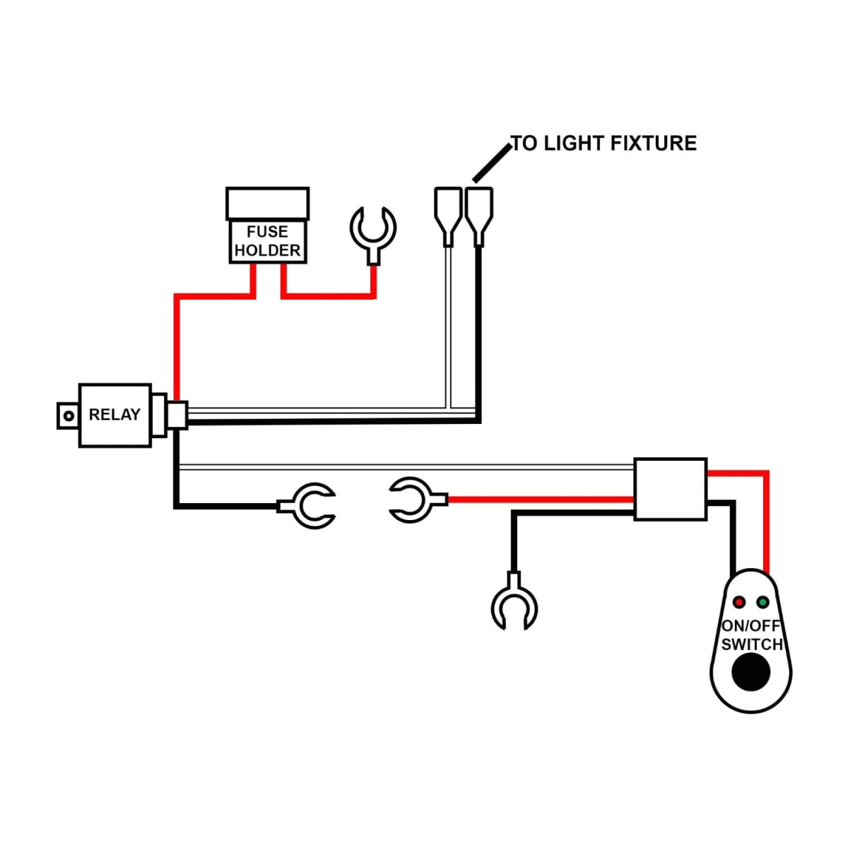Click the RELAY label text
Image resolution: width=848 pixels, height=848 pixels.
114,415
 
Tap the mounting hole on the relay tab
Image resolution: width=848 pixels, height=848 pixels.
68,416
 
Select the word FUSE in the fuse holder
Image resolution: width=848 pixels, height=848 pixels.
267,232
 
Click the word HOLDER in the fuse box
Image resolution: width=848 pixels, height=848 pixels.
267,250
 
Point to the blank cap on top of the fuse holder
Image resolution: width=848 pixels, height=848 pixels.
267,204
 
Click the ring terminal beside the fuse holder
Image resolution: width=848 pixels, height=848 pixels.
373,230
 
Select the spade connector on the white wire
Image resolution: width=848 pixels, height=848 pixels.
447,213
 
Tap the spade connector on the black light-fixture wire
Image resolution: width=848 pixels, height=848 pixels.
479,213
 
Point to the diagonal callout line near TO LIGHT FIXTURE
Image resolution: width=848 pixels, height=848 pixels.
491,163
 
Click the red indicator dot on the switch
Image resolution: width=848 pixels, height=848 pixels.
739,602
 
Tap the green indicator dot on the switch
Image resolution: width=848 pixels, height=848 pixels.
762,602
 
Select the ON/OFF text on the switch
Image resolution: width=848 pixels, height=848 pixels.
750,625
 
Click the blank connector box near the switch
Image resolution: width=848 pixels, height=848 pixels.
670,490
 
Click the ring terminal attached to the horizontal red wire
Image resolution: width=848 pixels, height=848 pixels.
413,500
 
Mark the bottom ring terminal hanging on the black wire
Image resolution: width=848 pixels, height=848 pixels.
514,604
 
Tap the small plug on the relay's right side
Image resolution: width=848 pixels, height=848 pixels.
177,415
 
